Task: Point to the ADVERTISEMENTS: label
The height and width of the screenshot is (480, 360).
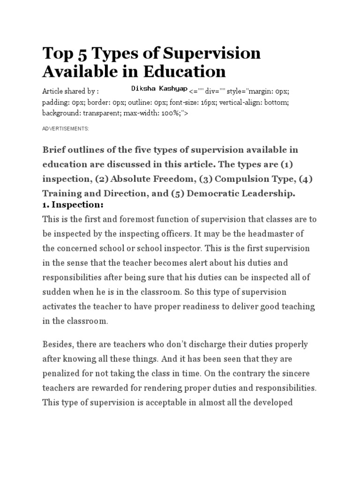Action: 65,128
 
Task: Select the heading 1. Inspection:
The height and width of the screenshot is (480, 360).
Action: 73,205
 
